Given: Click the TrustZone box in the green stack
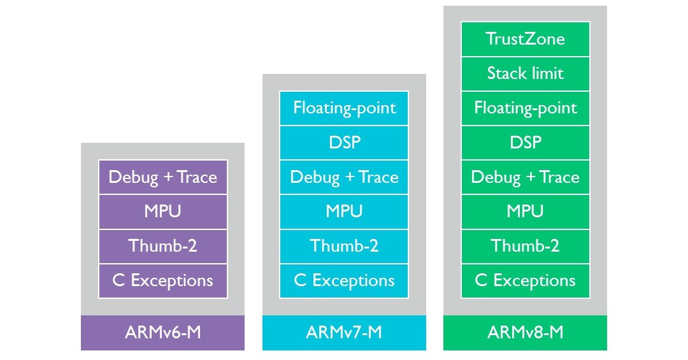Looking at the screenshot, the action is pyautogui.click(x=525, y=39).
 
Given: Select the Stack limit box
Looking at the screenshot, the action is pyautogui.click(x=525, y=73).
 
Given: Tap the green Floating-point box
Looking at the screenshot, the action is pyautogui.click(x=525, y=108).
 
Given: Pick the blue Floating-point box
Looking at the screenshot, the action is pyautogui.click(x=344, y=108).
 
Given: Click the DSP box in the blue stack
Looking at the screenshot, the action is pyautogui.click(x=344, y=142).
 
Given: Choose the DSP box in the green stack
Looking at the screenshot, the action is pyautogui.click(x=525, y=142).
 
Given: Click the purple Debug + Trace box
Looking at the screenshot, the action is pyautogui.click(x=163, y=177).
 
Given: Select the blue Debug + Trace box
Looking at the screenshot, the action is pyautogui.click(x=344, y=177).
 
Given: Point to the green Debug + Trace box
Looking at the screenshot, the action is pyautogui.click(x=525, y=177).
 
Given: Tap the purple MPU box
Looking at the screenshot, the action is pyautogui.click(x=163, y=212).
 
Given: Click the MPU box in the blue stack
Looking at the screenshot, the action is pyautogui.click(x=344, y=212).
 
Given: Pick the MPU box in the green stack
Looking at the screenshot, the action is pyautogui.click(x=525, y=212).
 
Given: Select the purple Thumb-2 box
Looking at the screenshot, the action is pyautogui.click(x=163, y=246).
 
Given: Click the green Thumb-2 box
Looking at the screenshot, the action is pyautogui.click(x=525, y=246).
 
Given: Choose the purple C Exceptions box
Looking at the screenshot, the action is pyautogui.click(x=163, y=280).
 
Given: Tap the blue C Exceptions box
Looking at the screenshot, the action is pyautogui.click(x=344, y=280).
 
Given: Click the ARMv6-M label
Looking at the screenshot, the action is pyautogui.click(x=163, y=333).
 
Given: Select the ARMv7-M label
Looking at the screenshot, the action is pyautogui.click(x=344, y=333).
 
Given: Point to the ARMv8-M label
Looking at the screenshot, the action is pyautogui.click(x=525, y=333).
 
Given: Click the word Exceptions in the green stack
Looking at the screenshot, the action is pyautogui.click(x=534, y=281).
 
